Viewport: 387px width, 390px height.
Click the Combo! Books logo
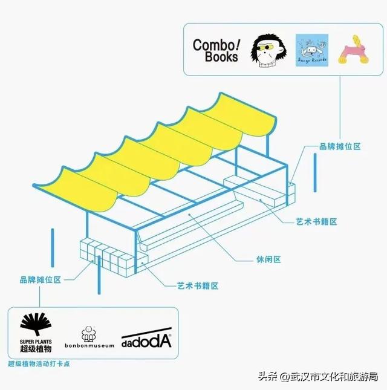pos(215,50)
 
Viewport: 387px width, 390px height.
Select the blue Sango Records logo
pos(311,51)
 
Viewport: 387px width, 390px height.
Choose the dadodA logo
pos(146,340)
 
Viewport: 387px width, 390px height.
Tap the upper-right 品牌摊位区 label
pos(340,146)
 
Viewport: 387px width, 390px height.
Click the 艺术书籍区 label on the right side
pos(316,222)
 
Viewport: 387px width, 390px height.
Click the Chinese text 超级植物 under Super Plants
pos(36,349)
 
